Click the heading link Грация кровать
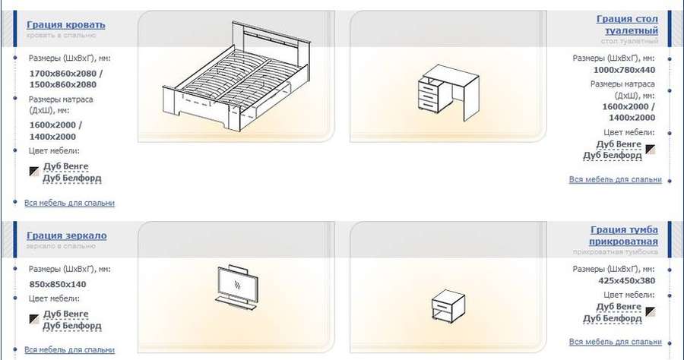click(66, 25)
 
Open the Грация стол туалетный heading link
click(627, 25)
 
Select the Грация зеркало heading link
click(67, 235)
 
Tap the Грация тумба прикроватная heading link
click(624, 235)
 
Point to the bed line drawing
click(237, 76)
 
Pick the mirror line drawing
click(236, 287)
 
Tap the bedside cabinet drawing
click(448, 305)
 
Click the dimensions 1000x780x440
click(624, 70)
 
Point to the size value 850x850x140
click(58, 284)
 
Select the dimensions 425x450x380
click(627, 281)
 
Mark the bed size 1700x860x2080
click(63, 73)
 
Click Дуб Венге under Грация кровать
click(66, 166)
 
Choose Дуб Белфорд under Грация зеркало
click(72, 326)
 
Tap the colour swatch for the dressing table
click(651, 150)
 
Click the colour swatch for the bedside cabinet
click(651, 311)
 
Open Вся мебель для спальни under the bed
click(70, 203)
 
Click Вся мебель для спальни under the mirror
click(70, 349)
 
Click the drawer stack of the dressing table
click(429, 95)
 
